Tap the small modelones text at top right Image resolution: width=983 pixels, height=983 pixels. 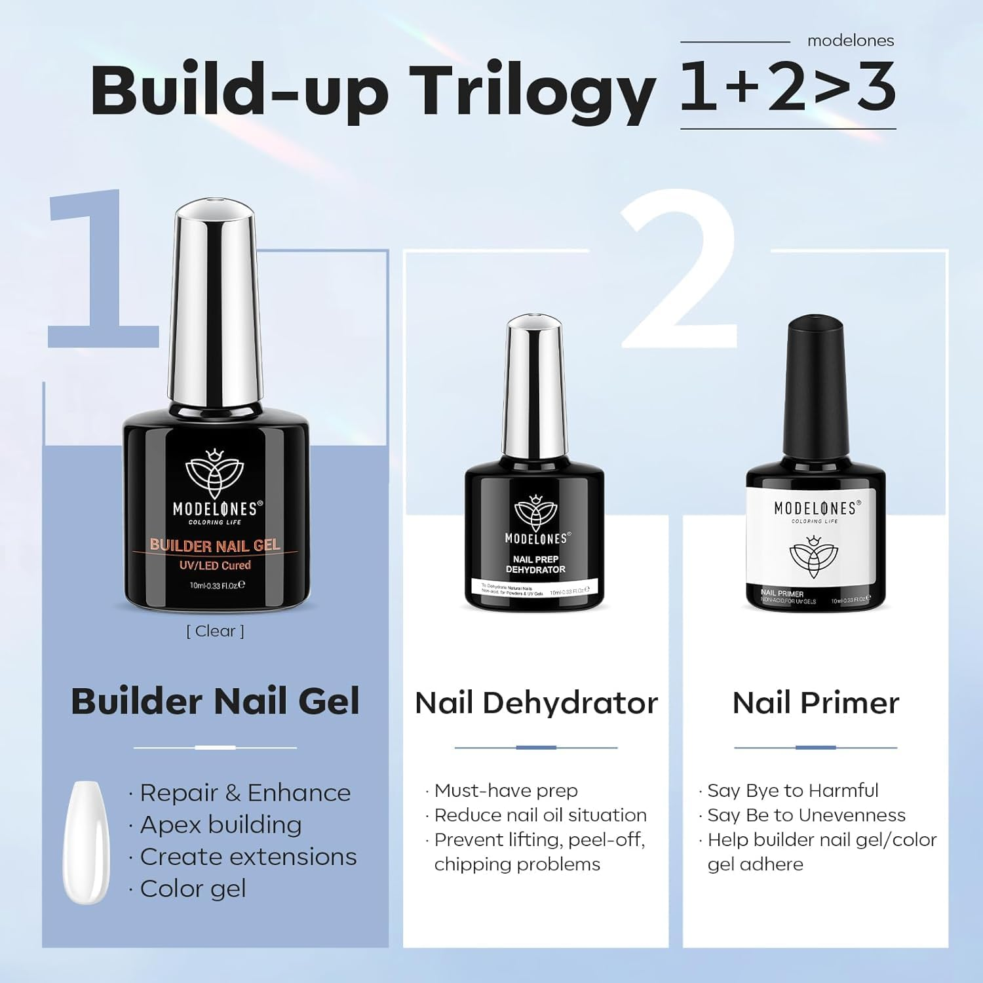coord(850,41)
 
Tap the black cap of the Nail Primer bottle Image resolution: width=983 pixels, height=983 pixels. coord(815,387)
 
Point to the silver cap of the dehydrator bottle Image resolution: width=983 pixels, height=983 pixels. coord(535,387)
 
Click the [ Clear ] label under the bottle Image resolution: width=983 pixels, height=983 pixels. coord(215,631)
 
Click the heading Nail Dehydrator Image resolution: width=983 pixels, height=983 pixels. coord(536,703)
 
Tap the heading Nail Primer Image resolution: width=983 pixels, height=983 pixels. coord(815,703)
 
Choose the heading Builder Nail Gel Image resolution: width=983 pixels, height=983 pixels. coord(215,701)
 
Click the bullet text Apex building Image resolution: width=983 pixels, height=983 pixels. coord(220,824)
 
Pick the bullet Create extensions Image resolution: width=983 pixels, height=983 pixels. coord(248,857)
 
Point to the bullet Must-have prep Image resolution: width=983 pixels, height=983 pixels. coord(505,790)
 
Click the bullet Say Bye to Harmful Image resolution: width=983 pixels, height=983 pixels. coord(792,790)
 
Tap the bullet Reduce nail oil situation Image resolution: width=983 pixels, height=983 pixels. coord(540,815)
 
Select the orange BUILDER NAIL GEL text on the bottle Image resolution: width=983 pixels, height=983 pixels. coord(215,545)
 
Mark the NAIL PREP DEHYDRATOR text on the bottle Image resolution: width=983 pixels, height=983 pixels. coord(535,564)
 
